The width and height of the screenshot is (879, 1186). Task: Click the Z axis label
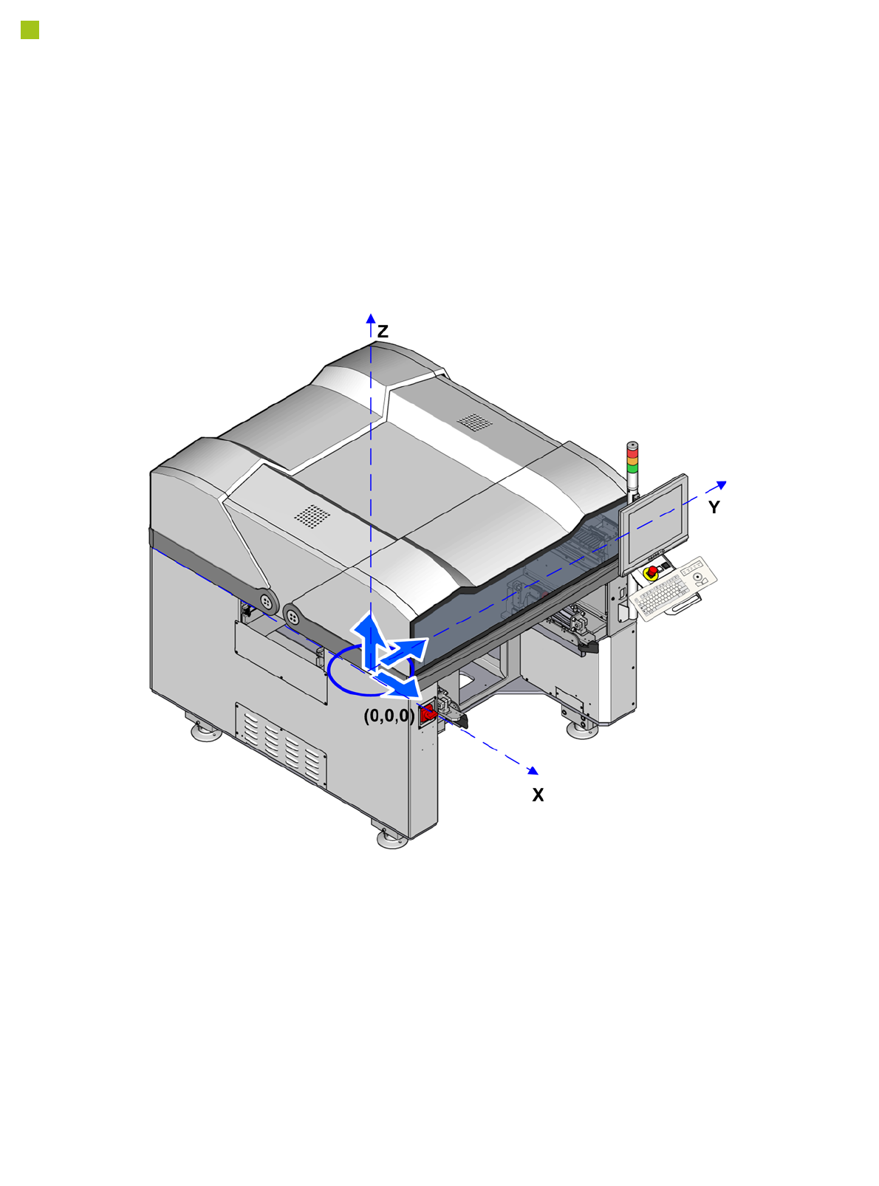(382, 332)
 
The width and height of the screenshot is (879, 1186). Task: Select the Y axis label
(714, 507)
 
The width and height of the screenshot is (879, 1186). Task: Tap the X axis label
(538, 795)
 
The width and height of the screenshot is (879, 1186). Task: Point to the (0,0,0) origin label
(389, 716)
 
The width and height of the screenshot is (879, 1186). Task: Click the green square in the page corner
(30, 30)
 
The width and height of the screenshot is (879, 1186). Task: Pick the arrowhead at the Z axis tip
(371, 318)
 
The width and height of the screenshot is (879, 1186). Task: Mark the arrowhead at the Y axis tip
(721, 484)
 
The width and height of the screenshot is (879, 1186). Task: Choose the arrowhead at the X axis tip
(533, 770)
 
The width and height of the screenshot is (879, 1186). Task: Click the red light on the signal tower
(632, 453)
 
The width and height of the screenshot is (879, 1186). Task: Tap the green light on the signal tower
(632, 468)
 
